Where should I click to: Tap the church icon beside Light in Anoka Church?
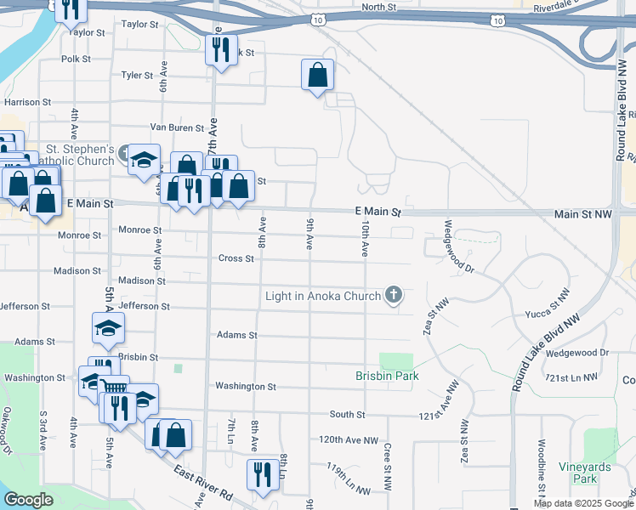[393, 296]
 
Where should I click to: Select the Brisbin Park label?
[387, 376]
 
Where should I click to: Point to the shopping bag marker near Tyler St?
[317, 75]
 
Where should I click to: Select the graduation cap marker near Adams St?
[108, 329]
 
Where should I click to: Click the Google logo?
[29, 500]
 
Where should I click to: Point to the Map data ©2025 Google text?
[582, 503]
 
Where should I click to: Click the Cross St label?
[231, 258]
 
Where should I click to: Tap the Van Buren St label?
[177, 128]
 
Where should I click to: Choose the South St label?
[347, 414]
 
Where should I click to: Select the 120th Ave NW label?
[349, 440]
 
